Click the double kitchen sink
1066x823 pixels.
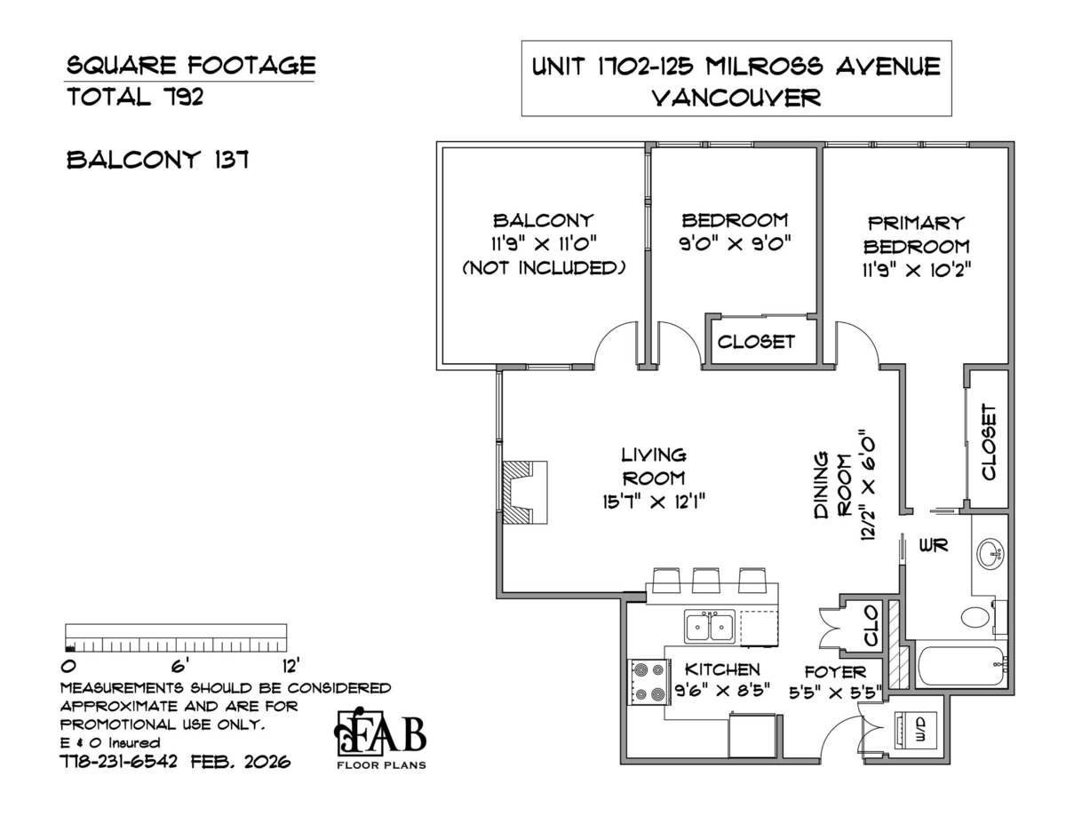tap(710, 627)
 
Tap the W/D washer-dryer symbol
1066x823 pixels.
tap(915, 730)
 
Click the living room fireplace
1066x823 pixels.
tap(524, 493)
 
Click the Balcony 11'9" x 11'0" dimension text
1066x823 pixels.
tap(544, 243)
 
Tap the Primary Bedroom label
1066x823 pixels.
tap(916, 234)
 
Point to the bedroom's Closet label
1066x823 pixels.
tap(756, 342)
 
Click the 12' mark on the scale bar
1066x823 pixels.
tap(290, 666)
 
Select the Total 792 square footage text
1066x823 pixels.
tap(135, 97)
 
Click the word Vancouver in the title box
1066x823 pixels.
tap(736, 98)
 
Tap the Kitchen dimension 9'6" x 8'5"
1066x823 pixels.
tap(722, 690)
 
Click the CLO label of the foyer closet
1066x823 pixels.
tap(871, 625)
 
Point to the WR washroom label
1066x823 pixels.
tap(933, 545)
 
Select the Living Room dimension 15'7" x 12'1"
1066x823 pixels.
tap(654, 502)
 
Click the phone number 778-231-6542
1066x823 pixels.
tap(118, 762)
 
